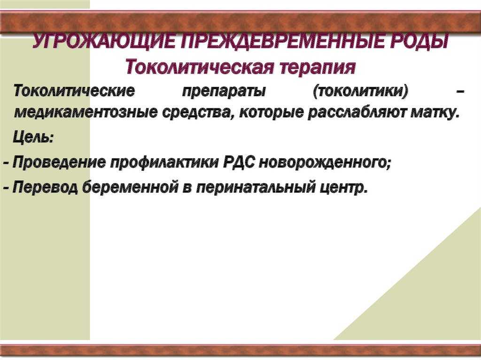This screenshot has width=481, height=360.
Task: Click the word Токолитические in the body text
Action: coord(74,91)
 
